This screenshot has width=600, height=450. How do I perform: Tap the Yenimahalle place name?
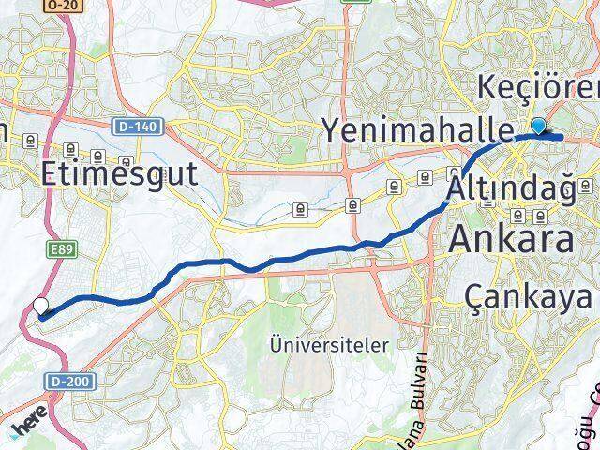tap(418, 128)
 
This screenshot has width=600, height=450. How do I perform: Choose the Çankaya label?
tap(529, 297)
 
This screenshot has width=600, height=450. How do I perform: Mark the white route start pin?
tap(40, 306)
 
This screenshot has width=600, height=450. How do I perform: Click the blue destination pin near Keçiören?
tap(538, 127)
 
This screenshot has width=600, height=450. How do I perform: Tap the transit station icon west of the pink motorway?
tap(32, 141)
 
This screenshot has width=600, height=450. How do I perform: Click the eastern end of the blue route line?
tap(560, 138)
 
